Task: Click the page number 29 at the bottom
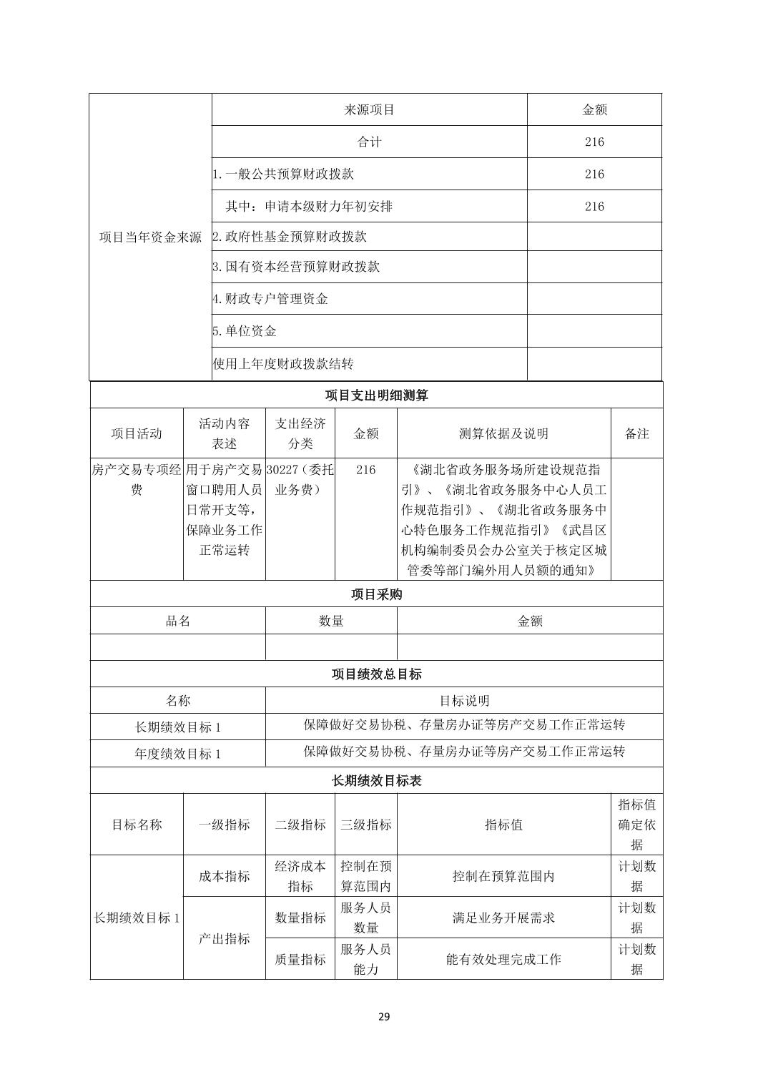384,1016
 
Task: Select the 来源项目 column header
369,109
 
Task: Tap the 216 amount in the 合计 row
594,142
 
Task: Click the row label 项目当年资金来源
150,237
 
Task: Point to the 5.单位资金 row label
245,331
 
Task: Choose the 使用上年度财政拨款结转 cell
283,364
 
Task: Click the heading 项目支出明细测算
376,395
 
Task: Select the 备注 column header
636,433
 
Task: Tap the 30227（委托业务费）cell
300,480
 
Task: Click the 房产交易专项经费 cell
137,480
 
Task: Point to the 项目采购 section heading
376,594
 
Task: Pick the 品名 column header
177,621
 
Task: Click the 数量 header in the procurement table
331,621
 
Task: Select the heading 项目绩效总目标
376,674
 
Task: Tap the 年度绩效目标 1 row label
177,754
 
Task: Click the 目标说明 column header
463,701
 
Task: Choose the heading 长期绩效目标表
376,781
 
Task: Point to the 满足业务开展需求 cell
503,918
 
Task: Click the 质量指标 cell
300,959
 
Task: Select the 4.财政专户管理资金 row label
270,299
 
